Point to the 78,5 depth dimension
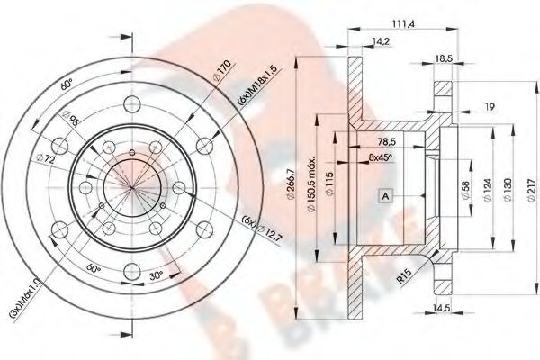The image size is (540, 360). pos(387,141)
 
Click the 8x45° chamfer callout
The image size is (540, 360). pos(384,157)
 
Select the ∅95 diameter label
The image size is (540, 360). pos(70,119)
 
